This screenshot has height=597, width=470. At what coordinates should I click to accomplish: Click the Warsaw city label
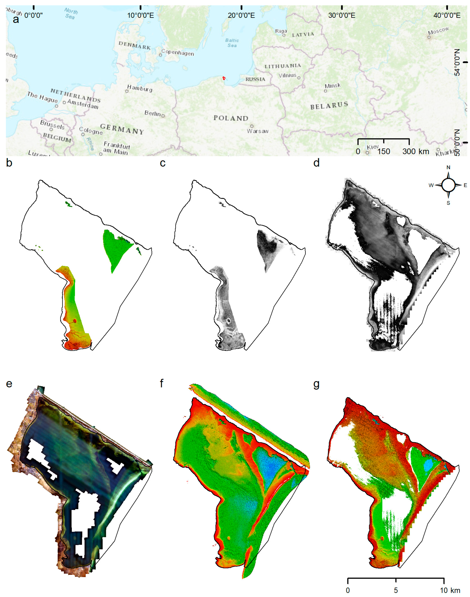(258, 131)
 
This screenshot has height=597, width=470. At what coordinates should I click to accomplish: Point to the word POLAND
(231, 118)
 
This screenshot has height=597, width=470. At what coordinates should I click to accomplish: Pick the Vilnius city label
(287, 75)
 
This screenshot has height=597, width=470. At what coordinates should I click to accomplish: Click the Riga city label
(281, 31)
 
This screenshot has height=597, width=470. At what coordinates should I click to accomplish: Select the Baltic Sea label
(232, 43)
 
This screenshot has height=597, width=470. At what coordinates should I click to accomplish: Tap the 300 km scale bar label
(416, 151)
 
